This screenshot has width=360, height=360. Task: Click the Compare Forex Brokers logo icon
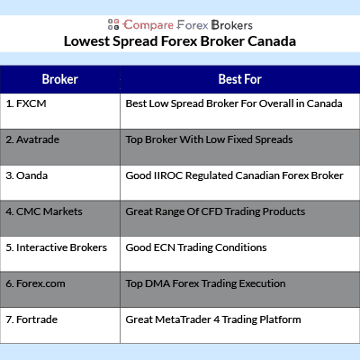point(113,24)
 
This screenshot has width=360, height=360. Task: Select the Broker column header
point(60,79)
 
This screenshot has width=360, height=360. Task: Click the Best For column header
point(240,79)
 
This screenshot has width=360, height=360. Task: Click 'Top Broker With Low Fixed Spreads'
point(209,139)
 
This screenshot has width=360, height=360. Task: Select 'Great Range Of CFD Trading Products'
point(215,211)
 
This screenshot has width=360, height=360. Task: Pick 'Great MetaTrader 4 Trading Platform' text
point(213,319)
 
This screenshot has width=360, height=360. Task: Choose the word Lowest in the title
point(86,41)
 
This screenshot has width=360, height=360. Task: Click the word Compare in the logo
point(148,25)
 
